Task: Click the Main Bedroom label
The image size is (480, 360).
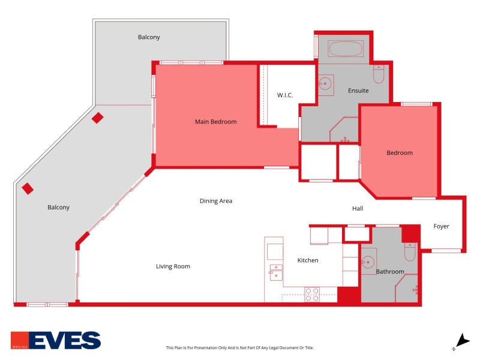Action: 216,122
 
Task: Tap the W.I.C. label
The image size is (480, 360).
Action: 285,95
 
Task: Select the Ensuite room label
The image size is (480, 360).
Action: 358,91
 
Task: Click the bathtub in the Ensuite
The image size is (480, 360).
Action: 346,49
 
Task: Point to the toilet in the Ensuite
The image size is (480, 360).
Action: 379,74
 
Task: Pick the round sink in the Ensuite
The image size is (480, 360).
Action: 325,83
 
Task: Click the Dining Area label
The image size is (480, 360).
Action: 216,201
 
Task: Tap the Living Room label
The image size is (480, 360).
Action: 173,266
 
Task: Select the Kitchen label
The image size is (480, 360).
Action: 308,260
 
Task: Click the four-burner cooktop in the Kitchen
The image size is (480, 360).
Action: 312,294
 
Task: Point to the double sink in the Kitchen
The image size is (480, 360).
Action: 276,272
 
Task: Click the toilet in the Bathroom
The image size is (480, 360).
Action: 410,251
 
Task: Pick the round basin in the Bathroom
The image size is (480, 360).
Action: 368,262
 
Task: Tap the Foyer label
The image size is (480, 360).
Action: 441,227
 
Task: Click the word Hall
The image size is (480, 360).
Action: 358,208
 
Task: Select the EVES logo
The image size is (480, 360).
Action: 56,340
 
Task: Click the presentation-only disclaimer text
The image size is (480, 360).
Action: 239,348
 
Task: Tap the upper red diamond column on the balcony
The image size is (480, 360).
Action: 97,118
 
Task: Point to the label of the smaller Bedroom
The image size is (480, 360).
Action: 400,153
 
